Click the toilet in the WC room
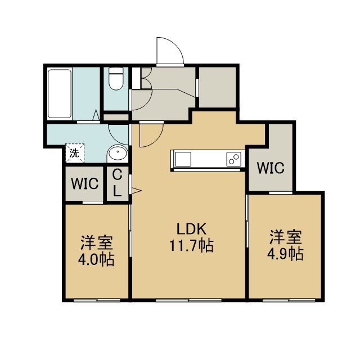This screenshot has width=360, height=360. tap(116, 78)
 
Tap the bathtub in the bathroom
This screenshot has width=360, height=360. tap(60, 94)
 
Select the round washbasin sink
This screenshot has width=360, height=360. tap(118, 152)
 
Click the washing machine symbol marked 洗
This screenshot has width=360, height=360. tap(75, 153)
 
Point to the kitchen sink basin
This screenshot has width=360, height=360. tap(183, 159)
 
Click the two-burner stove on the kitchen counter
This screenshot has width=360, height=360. tap(234, 159)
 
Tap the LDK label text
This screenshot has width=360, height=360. tap(191, 229)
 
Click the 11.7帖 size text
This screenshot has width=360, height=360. tap(191, 245)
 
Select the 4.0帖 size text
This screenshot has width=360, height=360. tap(96, 259)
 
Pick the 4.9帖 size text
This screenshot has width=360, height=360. tap(285, 254)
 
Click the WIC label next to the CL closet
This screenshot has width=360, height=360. tap(84, 184)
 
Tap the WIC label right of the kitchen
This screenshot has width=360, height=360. tap(271, 168)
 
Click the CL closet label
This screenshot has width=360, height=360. tap(118, 183)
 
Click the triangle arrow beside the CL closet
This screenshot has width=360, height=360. tap(136, 191)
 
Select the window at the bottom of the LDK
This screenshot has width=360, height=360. tap(188, 300)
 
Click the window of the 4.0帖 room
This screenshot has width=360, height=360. tap(97, 300)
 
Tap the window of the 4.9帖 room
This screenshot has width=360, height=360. tap(289, 300)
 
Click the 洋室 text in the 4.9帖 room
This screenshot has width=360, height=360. tap(285, 237)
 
